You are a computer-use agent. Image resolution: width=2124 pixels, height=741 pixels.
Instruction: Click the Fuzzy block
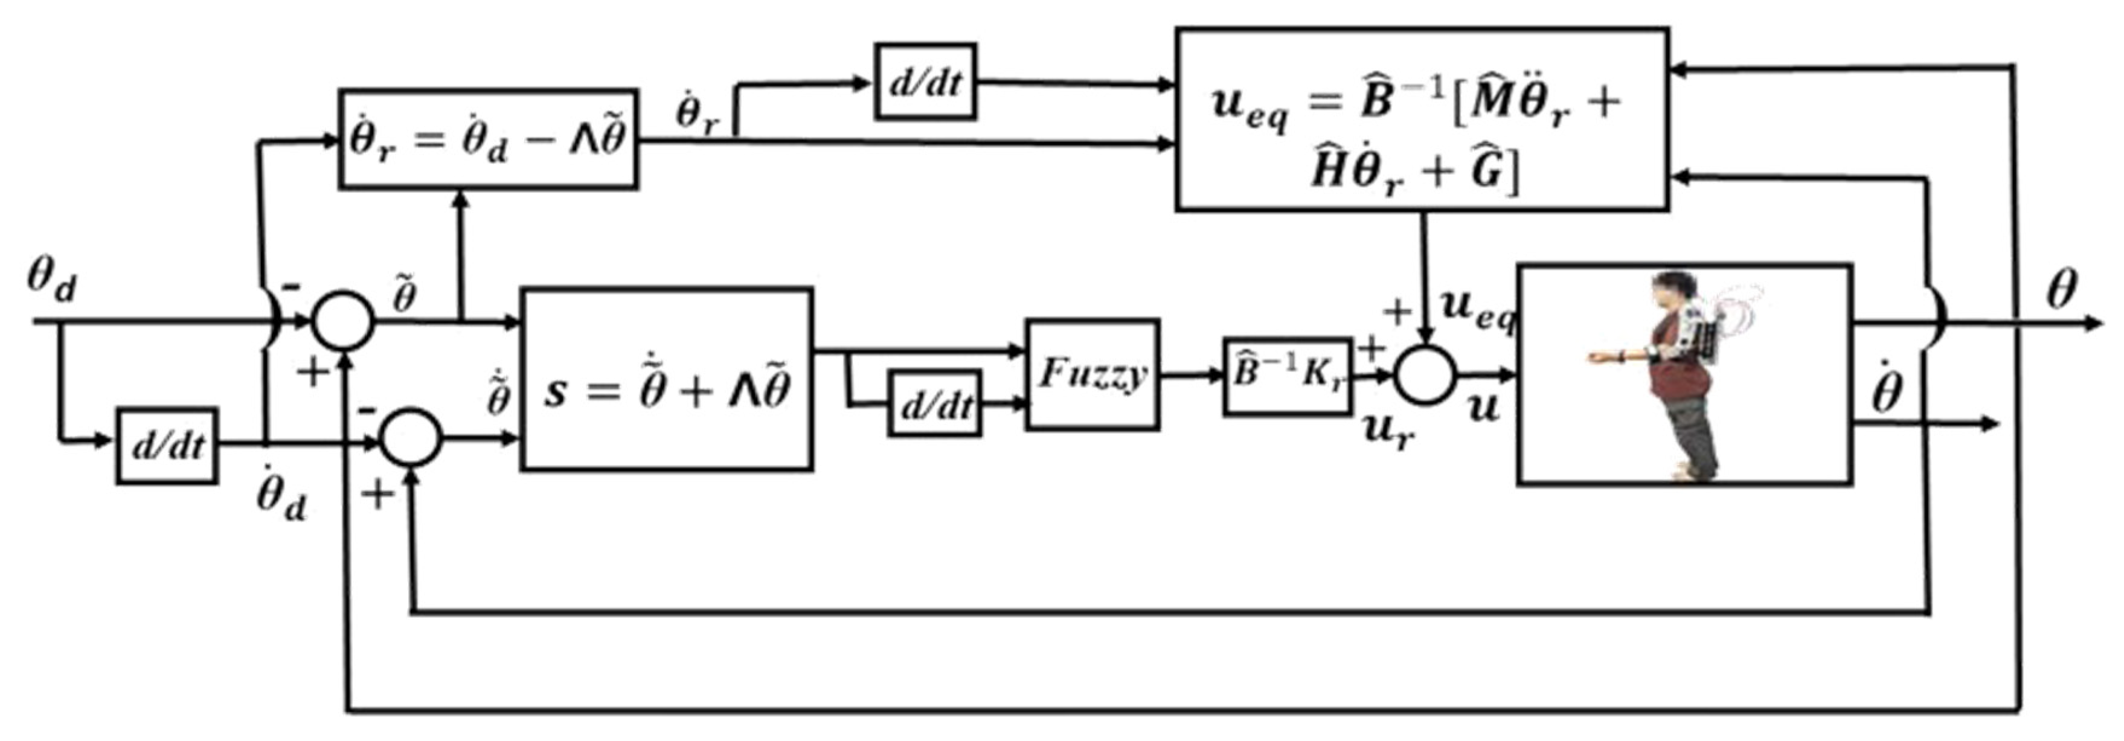(1092, 375)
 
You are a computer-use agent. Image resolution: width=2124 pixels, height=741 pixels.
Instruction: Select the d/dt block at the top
(925, 82)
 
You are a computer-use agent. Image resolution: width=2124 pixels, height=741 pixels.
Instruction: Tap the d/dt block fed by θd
(167, 446)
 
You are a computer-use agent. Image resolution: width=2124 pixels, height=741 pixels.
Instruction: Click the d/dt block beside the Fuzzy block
(934, 404)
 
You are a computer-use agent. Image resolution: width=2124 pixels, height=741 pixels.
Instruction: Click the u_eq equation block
(1422, 120)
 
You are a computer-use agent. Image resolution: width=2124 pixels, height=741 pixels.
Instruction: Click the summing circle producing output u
(1425, 375)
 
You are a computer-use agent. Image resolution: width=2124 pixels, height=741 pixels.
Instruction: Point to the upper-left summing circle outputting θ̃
(343, 321)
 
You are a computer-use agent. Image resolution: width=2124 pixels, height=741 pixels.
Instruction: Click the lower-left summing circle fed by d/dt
(411, 438)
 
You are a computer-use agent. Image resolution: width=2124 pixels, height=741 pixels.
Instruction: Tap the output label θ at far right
(2061, 290)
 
